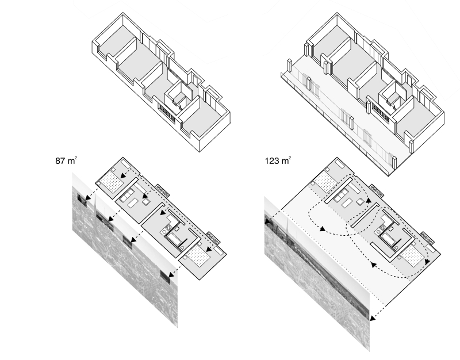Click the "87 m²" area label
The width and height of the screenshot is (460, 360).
[66, 160]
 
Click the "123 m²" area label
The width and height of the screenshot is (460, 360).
[278, 160]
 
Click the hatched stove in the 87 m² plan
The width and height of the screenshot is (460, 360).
[169, 227]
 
